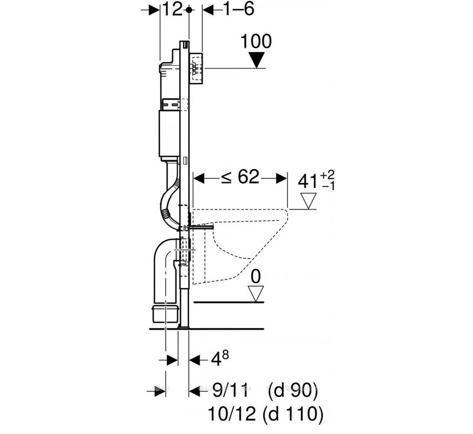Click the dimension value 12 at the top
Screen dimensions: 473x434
point(173,9)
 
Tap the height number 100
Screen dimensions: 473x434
point(256,41)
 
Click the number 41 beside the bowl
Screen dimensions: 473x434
point(308,182)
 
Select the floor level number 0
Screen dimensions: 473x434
point(256,277)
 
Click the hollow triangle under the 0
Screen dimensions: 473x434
point(256,294)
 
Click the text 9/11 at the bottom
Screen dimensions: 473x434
point(232,390)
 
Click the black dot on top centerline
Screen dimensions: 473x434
point(189,10)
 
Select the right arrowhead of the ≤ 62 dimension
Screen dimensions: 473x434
point(281,178)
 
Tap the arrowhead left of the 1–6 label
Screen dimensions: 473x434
point(208,9)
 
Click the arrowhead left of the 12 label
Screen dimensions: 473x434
point(154,10)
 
